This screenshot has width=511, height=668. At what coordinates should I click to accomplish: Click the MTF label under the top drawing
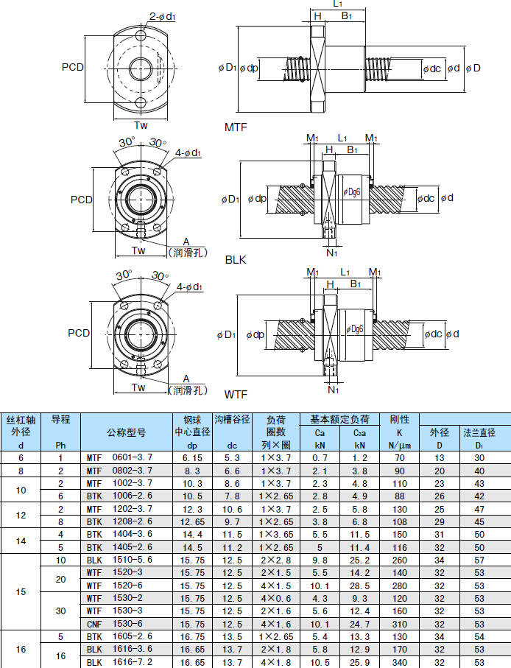[x=236, y=127]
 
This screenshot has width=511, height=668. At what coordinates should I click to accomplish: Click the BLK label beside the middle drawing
[x=236, y=259]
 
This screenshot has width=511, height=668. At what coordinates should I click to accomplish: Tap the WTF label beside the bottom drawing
[x=236, y=396]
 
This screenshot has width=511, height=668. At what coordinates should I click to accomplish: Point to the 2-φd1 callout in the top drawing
[x=163, y=16]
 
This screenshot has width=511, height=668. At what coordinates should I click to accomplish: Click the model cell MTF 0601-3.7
[x=119, y=457]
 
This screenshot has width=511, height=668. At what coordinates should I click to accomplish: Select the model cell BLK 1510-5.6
[x=119, y=560]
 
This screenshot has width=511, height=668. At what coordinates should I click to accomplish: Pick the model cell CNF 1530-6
[x=119, y=624]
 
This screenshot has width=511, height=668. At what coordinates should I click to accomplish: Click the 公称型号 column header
[x=126, y=432]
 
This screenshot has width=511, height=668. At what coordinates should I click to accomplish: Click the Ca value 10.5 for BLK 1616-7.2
[x=320, y=662]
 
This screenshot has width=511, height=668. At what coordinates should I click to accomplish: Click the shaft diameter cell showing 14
[x=21, y=541]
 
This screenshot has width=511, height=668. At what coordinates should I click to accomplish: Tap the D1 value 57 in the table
[x=479, y=560]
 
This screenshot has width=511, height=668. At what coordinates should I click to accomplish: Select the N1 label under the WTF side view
[x=333, y=389]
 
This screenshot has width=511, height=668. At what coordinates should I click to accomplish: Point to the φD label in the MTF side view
[x=474, y=68]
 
